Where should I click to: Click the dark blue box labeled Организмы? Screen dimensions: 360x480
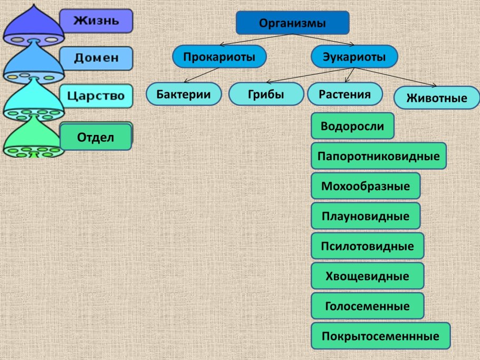[x=292, y=23]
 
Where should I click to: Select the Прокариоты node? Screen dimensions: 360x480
[x=219, y=57]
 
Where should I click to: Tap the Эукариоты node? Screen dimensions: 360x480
[x=354, y=57]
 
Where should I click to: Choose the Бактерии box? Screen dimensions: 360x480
[x=184, y=94]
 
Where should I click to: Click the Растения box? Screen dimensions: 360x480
[x=344, y=94]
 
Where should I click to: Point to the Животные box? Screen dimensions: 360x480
[x=437, y=99]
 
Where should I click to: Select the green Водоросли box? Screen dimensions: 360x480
[x=352, y=126]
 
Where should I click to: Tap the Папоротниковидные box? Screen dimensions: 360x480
[x=379, y=156]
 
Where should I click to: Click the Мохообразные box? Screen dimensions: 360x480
[x=366, y=186]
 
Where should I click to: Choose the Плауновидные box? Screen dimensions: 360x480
[x=366, y=216]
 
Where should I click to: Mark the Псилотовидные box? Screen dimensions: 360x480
[x=368, y=246]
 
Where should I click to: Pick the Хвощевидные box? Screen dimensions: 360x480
[x=368, y=276]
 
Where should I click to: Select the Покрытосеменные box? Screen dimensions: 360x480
[x=381, y=336]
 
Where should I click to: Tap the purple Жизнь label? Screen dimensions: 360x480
[x=95, y=21]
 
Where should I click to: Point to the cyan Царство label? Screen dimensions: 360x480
[x=95, y=96]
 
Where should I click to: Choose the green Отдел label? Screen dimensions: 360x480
[x=95, y=137]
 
